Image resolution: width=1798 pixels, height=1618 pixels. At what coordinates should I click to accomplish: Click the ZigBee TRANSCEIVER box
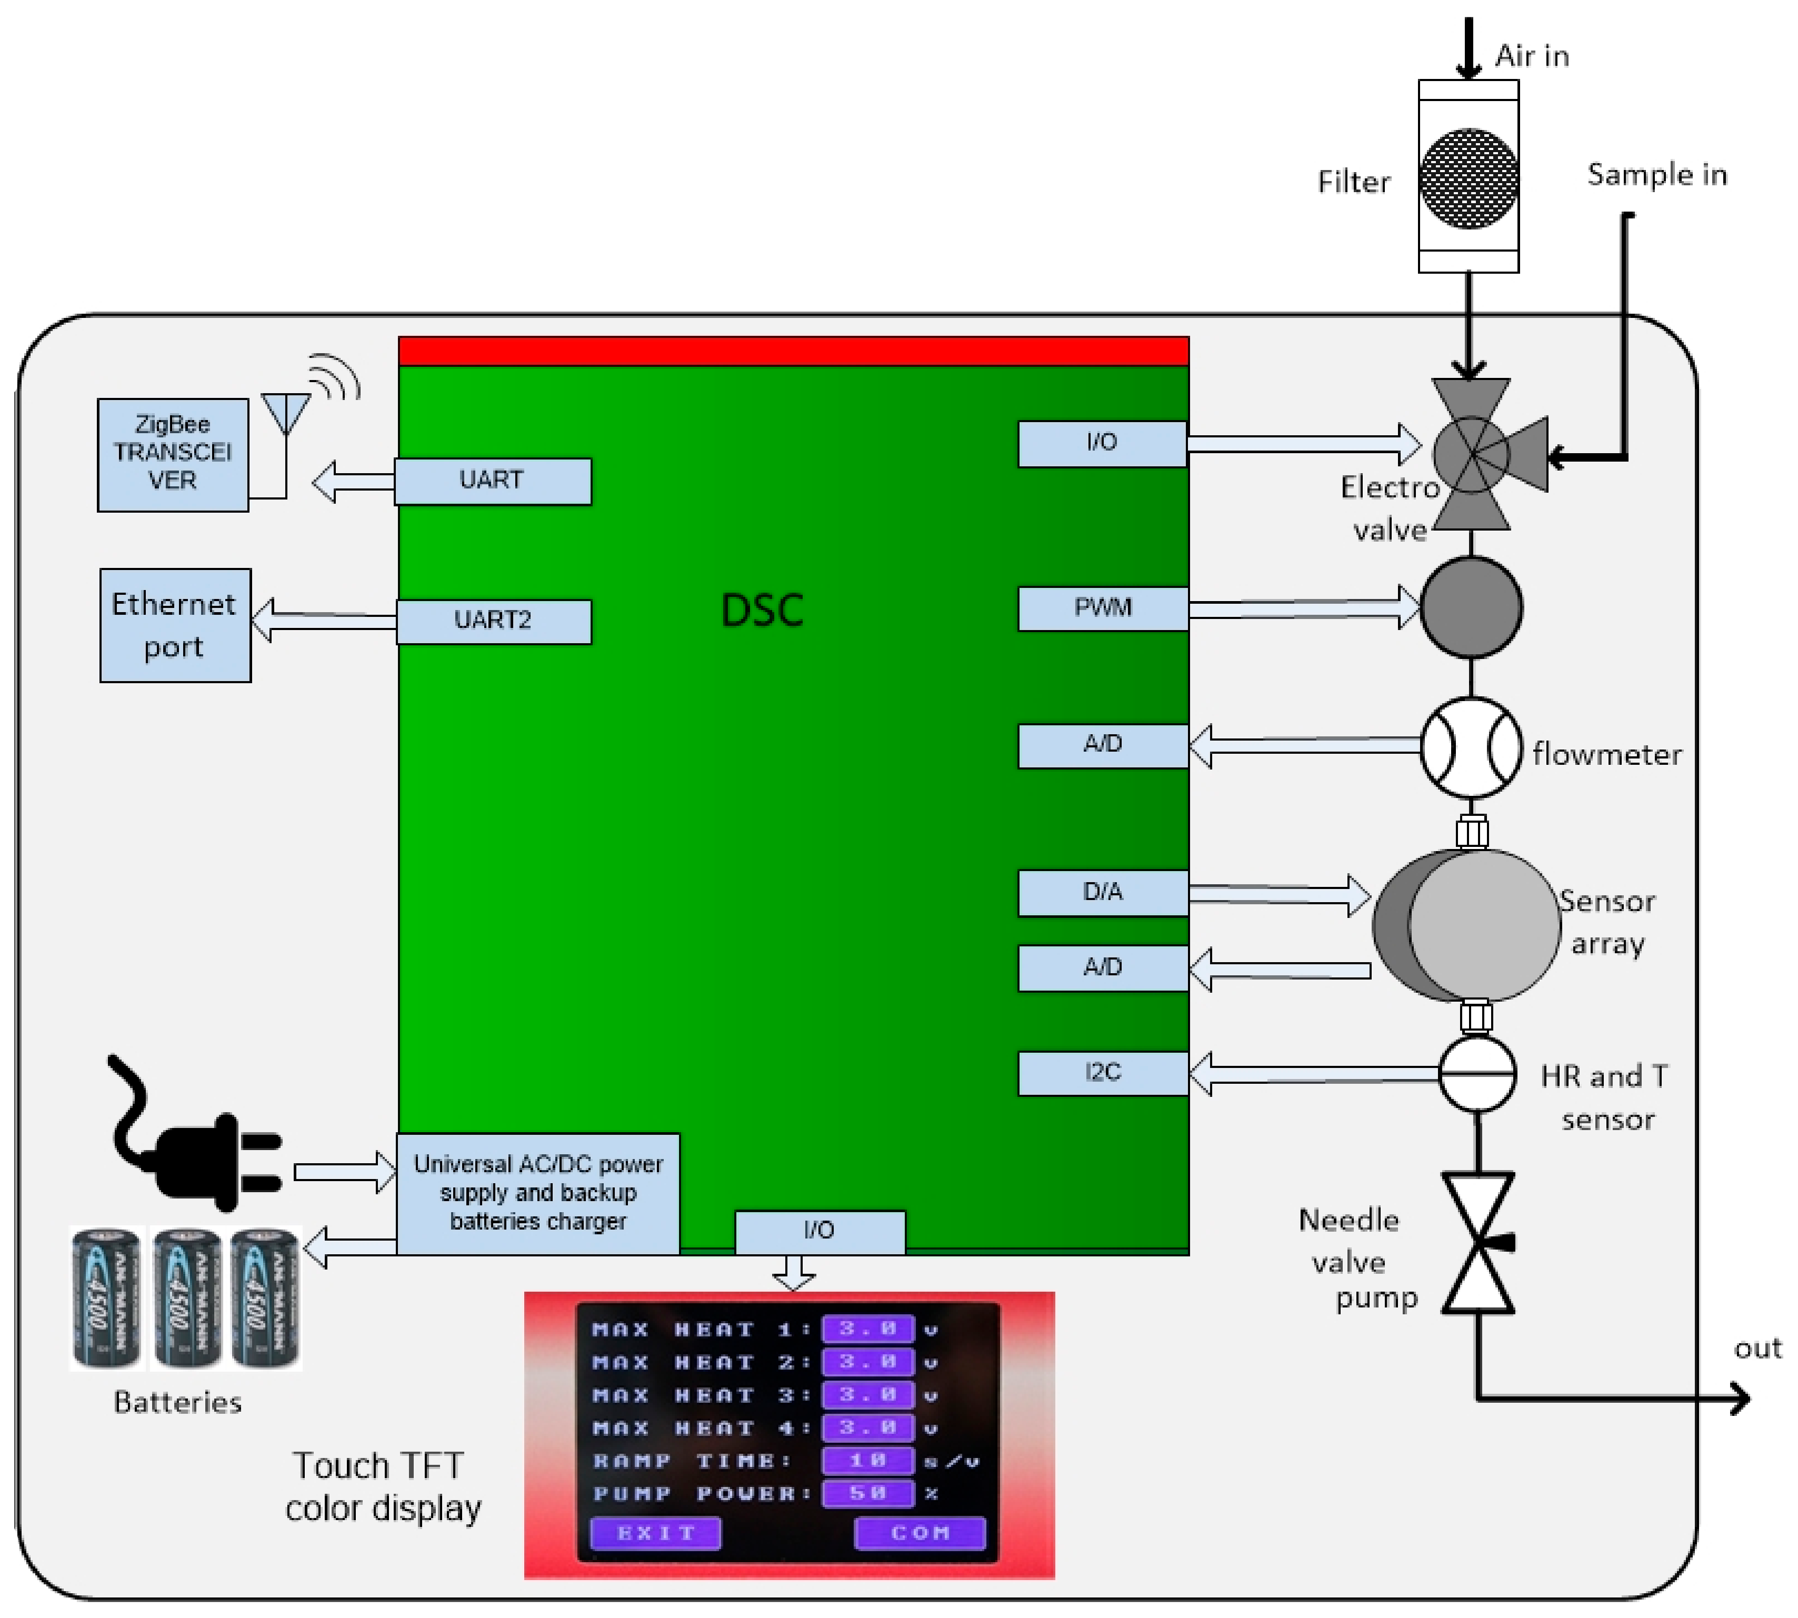pyautogui.click(x=173, y=454)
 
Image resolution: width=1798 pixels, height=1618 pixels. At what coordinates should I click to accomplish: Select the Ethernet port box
pyautogui.click(x=175, y=625)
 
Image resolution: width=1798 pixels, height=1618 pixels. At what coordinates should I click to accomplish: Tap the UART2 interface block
pyautogui.click(x=493, y=620)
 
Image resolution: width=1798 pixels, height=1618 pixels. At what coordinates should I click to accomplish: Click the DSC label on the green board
pyautogui.click(x=762, y=611)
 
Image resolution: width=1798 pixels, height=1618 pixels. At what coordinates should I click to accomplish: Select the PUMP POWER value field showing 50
pyautogui.click(x=867, y=1493)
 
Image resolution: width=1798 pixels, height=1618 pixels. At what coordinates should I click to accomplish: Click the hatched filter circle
pyautogui.click(x=1469, y=178)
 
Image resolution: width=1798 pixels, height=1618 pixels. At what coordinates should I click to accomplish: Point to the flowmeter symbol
pyautogui.click(x=1471, y=747)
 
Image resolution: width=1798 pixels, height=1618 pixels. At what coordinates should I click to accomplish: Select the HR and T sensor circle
pyautogui.click(x=1477, y=1073)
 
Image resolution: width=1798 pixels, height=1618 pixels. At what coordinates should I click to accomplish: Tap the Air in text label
pyautogui.click(x=1531, y=56)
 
